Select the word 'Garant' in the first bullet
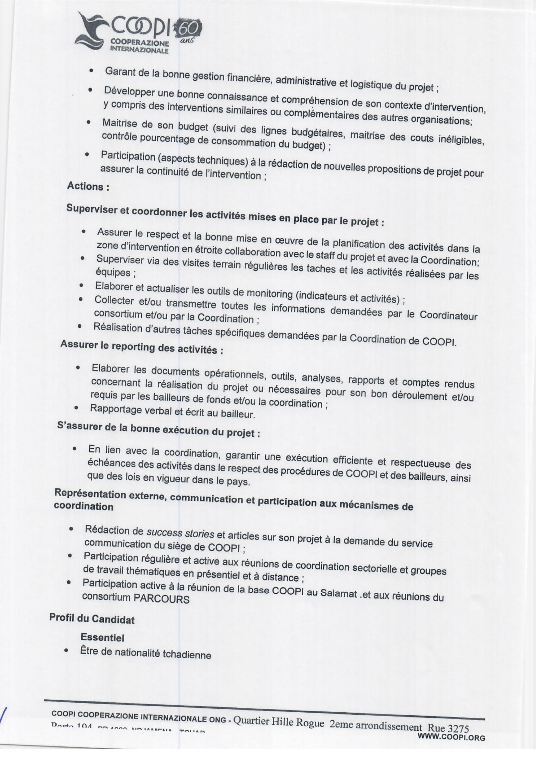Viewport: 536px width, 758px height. coord(120,72)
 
